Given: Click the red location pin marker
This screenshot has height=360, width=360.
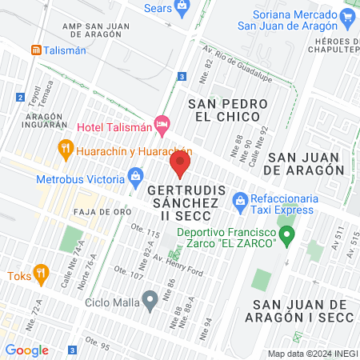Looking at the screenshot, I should pyautogui.click(x=179, y=166).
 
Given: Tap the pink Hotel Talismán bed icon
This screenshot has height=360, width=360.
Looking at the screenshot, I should pyautogui.click(x=162, y=123).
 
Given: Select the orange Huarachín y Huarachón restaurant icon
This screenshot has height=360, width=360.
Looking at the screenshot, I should pyautogui.click(x=66, y=148).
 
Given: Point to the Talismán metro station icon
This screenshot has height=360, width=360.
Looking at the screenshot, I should pyautogui.click(x=36, y=49).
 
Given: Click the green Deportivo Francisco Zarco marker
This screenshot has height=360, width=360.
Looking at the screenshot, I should pyautogui.click(x=289, y=235).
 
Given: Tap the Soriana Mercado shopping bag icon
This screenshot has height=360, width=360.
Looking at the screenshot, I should pyautogui.click(x=346, y=17).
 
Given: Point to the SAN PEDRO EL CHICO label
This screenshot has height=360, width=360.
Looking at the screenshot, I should pyautogui.click(x=223, y=110).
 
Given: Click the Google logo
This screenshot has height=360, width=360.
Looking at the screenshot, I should pyautogui.click(x=26, y=350).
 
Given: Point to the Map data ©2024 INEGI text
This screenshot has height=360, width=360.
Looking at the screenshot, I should pyautogui.click(x=311, y=354).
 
